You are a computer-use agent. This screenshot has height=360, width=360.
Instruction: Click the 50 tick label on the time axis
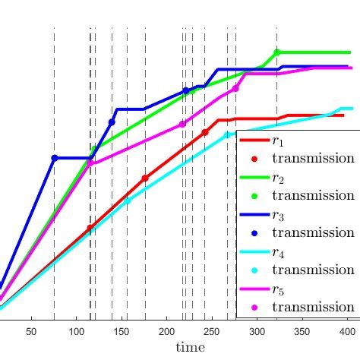click(x=31, y=331)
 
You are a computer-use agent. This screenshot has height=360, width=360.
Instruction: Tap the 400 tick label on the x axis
click(x=347, y=331)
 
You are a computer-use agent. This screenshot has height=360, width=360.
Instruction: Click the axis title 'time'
click(x=190, y=347)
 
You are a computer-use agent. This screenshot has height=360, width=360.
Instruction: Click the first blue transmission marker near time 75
click(x=54, y=158)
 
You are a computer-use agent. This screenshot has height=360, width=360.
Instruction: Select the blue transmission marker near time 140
click(x=112, y=122)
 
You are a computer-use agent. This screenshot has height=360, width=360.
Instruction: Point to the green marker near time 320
click(x=276, y=52)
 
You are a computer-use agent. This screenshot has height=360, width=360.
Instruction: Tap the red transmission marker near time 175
click(x=145, y=178)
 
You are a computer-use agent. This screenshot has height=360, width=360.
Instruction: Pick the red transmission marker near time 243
click(x=205, y=131)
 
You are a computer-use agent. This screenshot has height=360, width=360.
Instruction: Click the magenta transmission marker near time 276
click(x=235, y=88)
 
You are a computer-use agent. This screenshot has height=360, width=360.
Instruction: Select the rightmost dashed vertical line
click(x=276, y=152)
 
